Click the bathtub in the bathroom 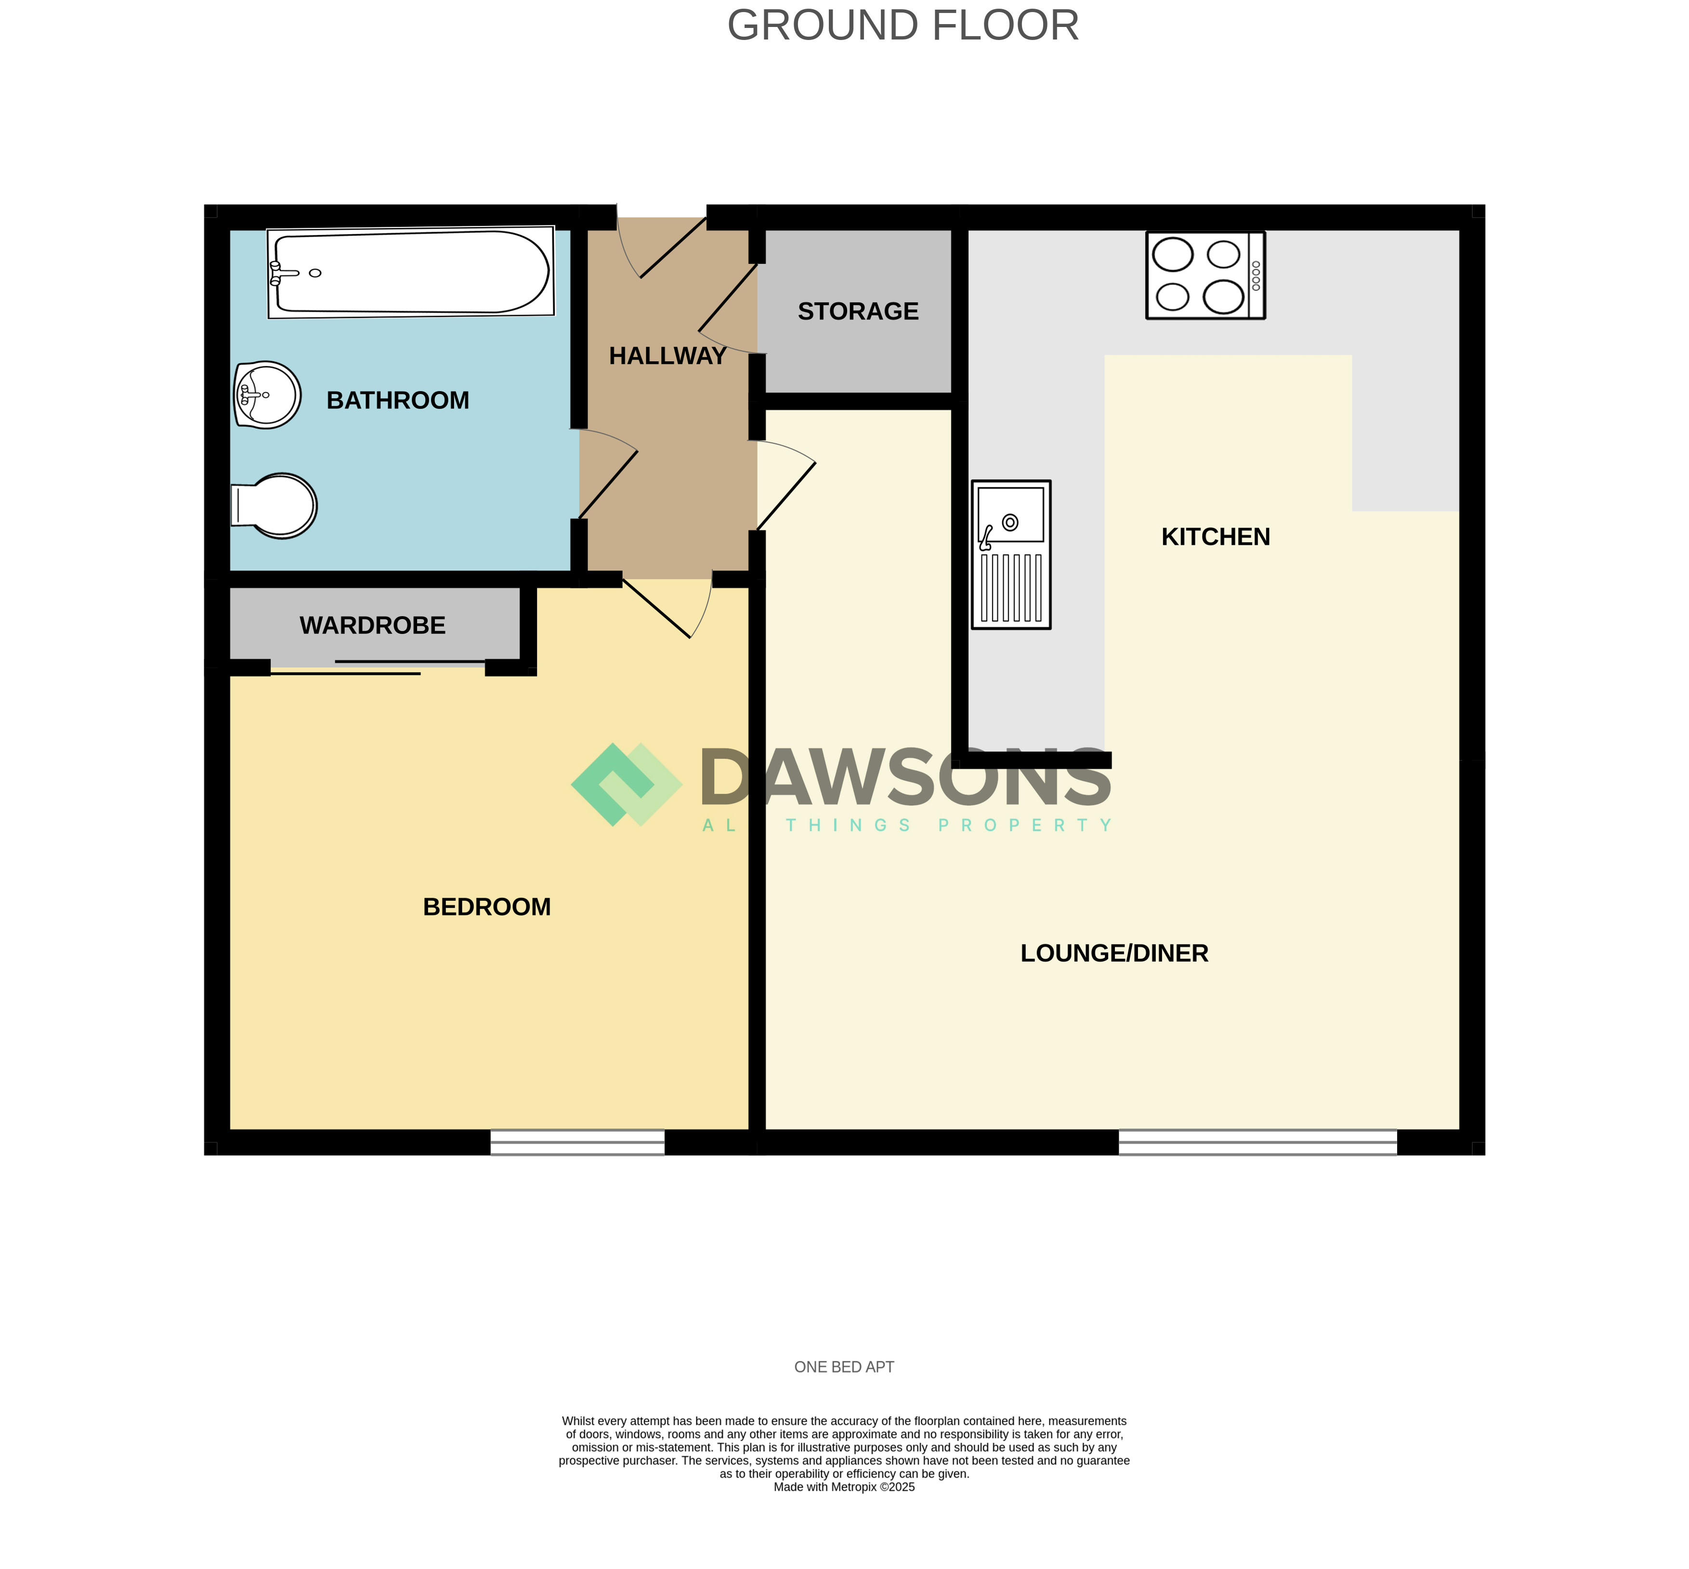coord(411,273)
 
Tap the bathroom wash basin coord(267,395)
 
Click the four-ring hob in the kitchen coord(1205,275)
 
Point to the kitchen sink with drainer coord(1011,554)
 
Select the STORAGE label coord(858,312)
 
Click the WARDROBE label coord(373,626)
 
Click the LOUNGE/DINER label coord(1114,953)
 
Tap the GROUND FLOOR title coord(903,26)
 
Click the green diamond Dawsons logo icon coord(627,784)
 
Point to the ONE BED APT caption coord(845,1367)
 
